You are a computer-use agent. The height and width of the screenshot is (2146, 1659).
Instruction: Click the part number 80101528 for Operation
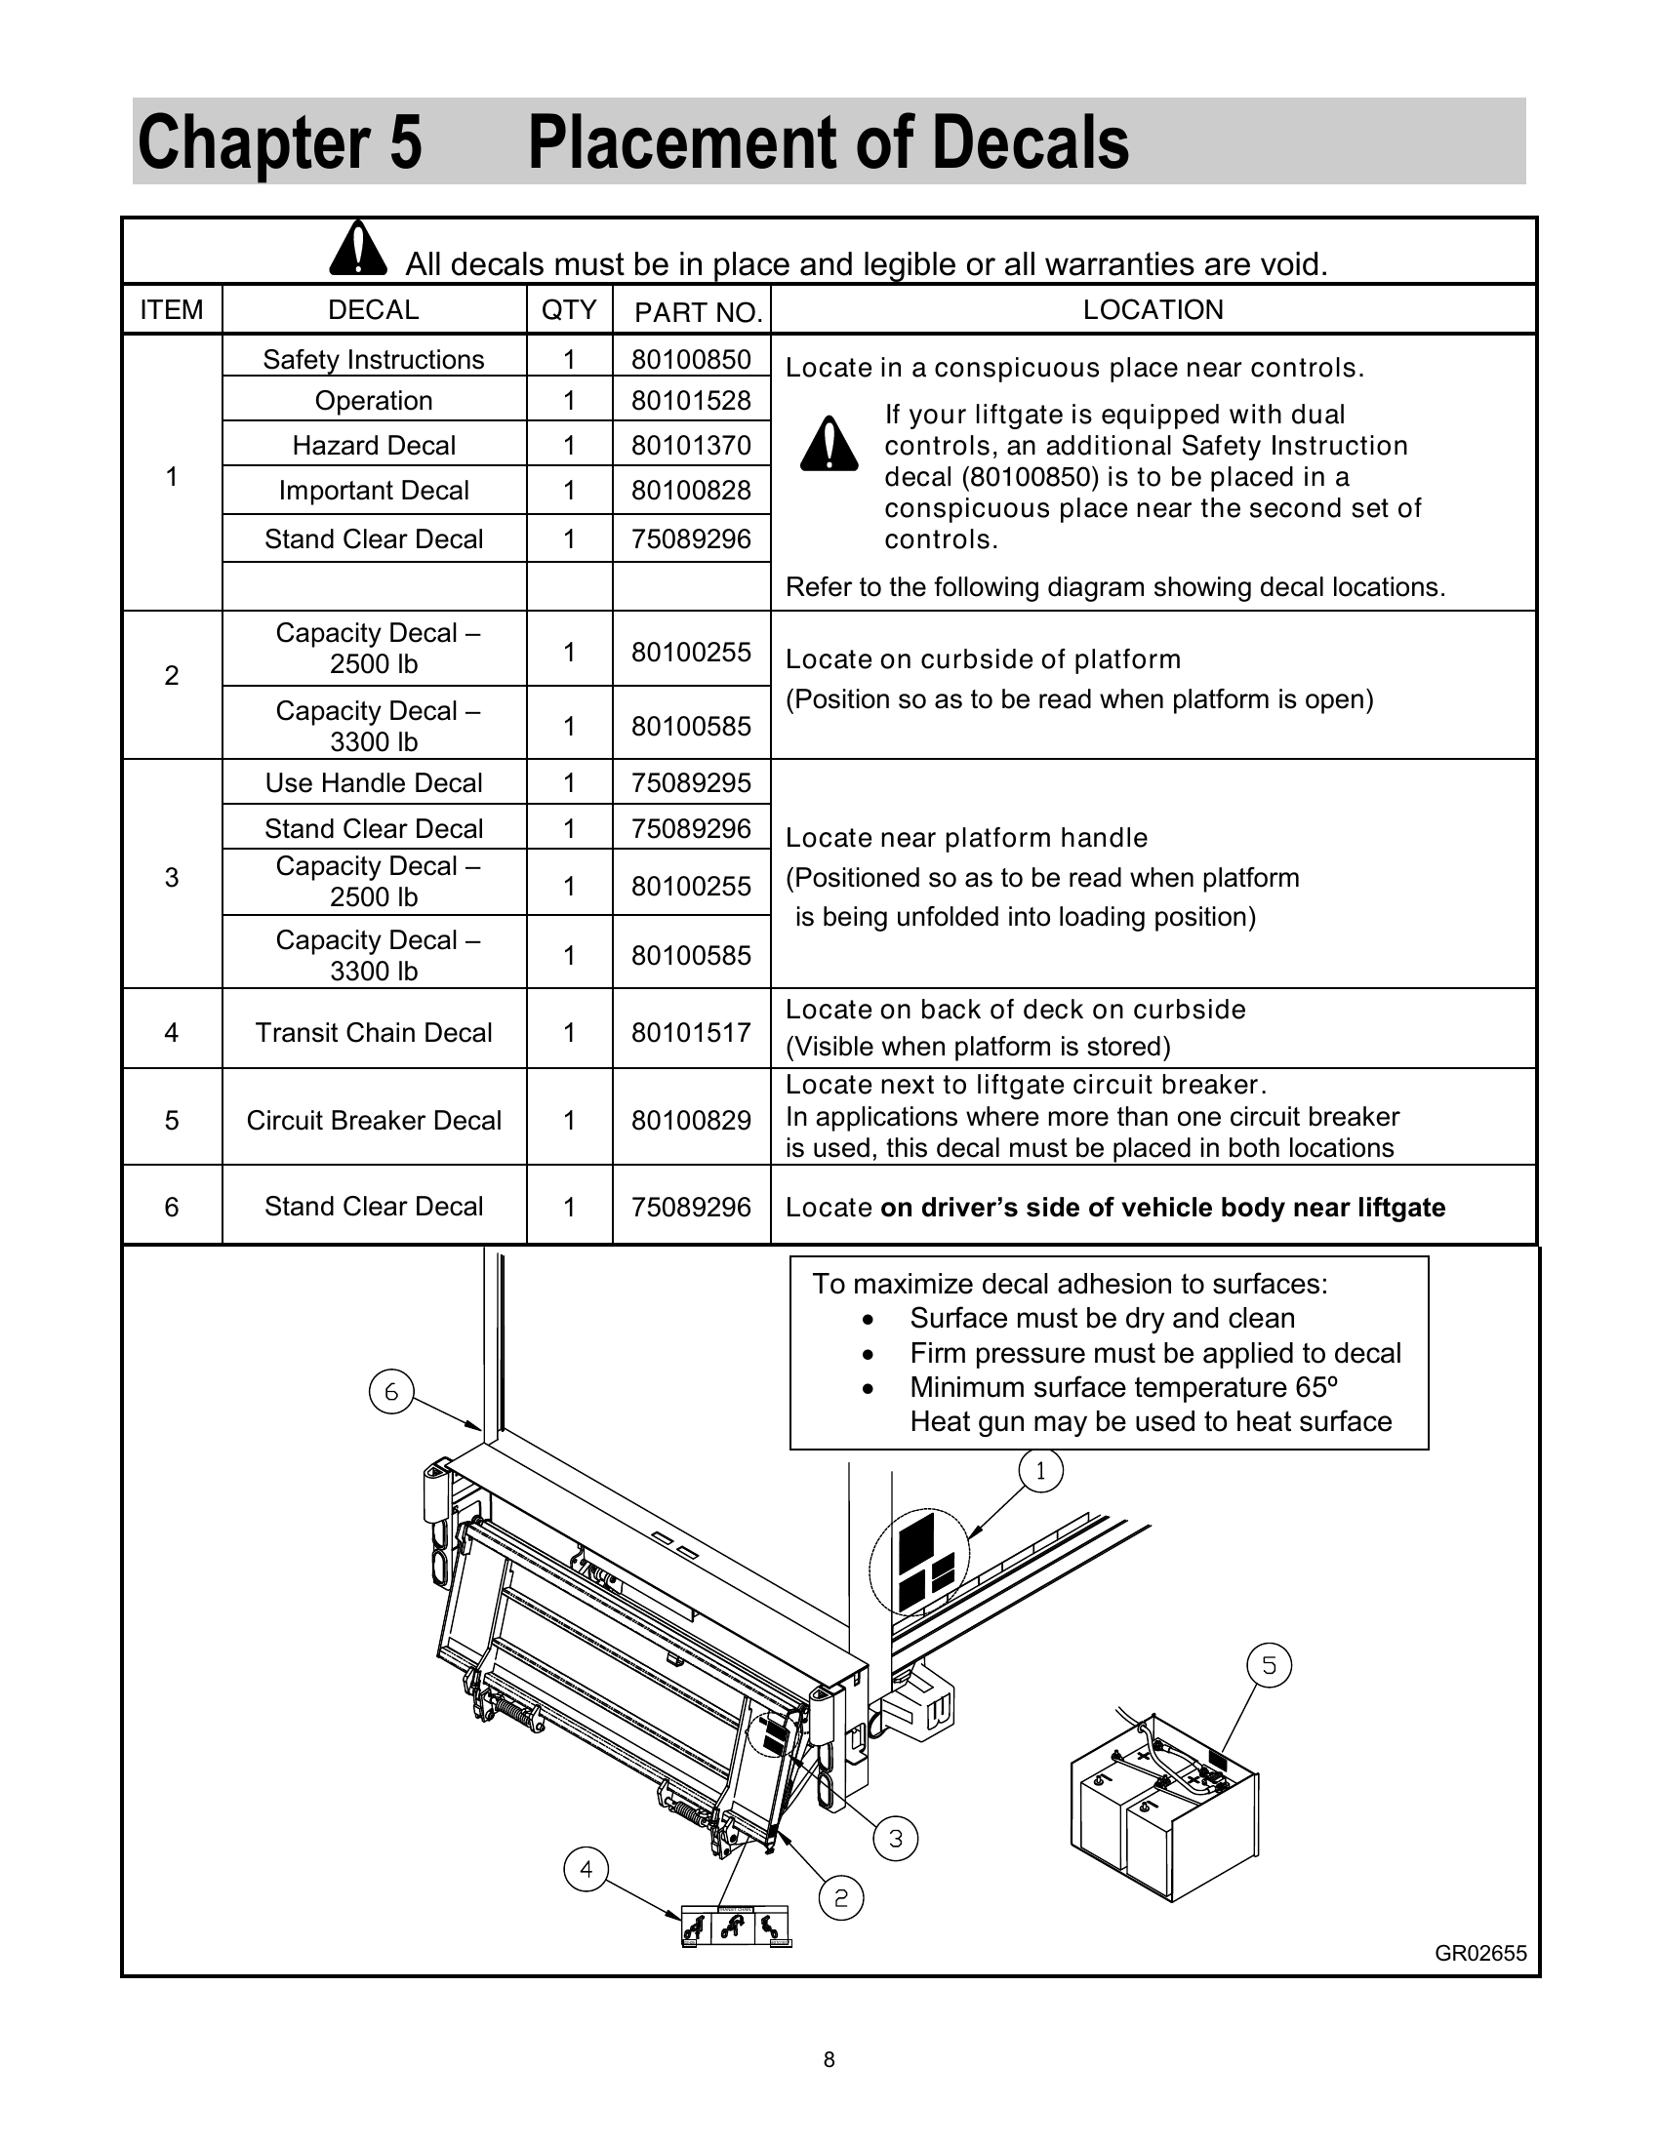(x=691, y=401)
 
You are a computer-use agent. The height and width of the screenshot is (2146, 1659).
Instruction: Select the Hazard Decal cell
(x=374, y=445)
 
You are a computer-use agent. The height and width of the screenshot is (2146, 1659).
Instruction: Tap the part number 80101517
(x=691, y=1033)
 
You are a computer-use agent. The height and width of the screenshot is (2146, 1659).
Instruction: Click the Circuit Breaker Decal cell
(x=374, y=1120)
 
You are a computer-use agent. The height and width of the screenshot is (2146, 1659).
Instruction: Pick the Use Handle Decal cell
(x=374, y=783)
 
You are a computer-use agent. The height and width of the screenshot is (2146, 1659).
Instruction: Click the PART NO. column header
(x=698, y=312)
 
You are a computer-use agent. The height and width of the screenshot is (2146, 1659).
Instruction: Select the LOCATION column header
(x=1153, y=310)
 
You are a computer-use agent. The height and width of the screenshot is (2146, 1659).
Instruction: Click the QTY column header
(x=569, y=310)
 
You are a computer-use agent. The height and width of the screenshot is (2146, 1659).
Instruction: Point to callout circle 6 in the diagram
(x=390, y=1392)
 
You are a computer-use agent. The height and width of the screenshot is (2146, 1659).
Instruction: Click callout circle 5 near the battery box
(x=1269, y=1665)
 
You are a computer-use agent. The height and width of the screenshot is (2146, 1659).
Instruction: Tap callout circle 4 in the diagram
(x=586, y=1869)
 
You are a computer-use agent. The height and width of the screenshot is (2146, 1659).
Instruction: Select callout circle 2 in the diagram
(x=841, y=1898)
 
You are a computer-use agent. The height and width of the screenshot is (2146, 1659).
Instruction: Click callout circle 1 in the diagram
(x=1041, y=1471)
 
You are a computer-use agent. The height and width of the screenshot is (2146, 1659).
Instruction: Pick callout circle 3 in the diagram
(x=895, y=1839)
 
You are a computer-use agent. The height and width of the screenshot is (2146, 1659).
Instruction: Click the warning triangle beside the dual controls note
(x=829, y=445)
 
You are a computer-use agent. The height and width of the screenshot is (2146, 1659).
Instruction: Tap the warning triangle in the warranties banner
(x=359, y=249)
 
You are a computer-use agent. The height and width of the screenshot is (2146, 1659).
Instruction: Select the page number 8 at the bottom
(x=829, y=2060)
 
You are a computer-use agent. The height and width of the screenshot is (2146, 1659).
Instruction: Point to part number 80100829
(x=691, y=1120)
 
